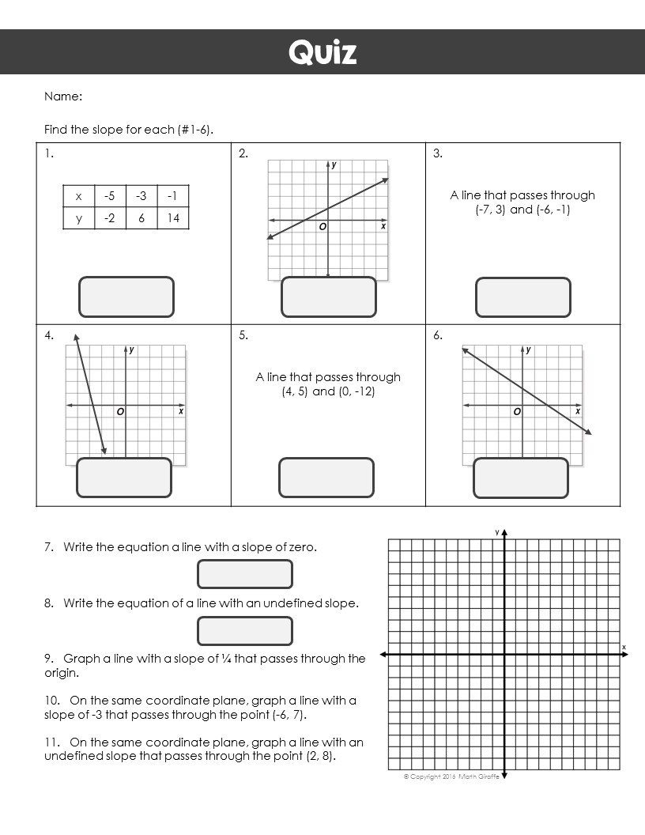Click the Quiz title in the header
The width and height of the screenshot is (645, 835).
(x=322, y=52)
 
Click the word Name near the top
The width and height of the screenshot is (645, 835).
(x=63, y=96)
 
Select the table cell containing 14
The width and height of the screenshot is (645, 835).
(x=173, y=218)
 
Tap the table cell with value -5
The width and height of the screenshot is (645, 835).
(x=110, y=196)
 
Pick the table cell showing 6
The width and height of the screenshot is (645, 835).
(x=141, y=218)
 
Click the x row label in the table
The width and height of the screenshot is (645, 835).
(x=78, y=196)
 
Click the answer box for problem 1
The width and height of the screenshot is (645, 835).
(x=126, y=297)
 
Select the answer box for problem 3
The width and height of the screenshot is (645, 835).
(x=522, y=297)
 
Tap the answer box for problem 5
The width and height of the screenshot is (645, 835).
(x=326, y=478)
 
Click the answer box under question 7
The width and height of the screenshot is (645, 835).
(x=245, y=574)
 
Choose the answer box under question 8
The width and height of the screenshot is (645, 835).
(x=245, y=631)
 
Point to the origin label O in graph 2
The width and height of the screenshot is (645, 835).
(x=322, y=228)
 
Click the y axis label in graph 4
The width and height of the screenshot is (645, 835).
(x=131, y=349)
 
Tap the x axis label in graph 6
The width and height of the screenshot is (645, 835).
(x=578, y=411)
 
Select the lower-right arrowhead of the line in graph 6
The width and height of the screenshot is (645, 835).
(x=588, y=432)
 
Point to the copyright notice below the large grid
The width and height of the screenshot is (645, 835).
(x=451, y=776)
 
